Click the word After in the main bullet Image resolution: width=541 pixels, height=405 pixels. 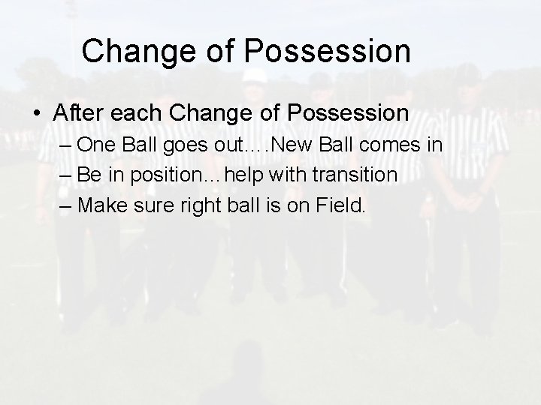78,113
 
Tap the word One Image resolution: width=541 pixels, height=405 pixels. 95,144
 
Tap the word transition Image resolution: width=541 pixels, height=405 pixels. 354,174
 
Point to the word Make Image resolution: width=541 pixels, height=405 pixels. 101,205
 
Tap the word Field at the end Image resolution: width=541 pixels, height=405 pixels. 340,205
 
